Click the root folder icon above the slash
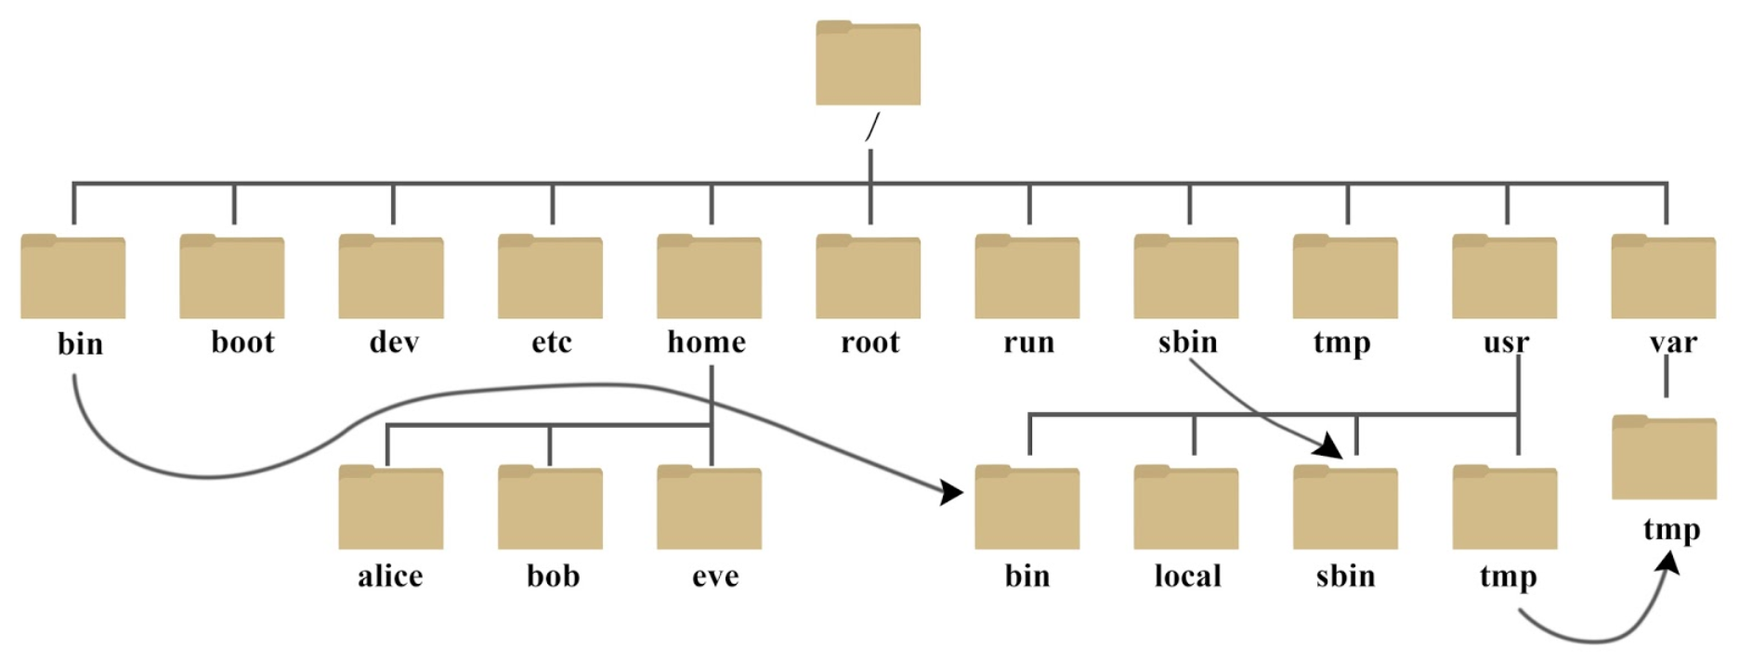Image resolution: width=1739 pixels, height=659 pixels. [x=868, y=63]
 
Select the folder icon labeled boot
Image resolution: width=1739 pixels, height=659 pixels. [x=231, y=277]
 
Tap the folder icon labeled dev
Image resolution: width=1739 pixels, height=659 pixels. [x=390, y=277]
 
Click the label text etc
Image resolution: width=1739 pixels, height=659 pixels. [x=551, y=342]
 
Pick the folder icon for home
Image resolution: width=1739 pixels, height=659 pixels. [x=709, y=277]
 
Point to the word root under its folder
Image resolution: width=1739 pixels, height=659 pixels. [x=869, y=342]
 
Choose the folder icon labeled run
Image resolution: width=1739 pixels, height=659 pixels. [x=1026, y=277]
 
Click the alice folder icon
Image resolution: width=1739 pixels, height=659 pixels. [x=390, y=508]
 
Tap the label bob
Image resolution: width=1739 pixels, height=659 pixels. [x=553, y=575]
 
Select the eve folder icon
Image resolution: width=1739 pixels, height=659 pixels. [x=709, y=508]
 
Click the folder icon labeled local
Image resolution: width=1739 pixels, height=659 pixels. [x=1185, y=508]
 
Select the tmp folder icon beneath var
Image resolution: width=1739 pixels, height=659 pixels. [x=1663, y=458]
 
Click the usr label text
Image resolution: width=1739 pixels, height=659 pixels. [x=1506, y=342]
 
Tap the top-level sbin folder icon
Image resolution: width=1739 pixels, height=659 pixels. [x=1185, y=277]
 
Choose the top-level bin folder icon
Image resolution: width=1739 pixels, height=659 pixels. [x=72, y=277]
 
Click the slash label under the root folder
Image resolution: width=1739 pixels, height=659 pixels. [x=870, y=127]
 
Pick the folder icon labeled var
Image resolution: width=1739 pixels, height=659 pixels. [x=1663, y=277]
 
